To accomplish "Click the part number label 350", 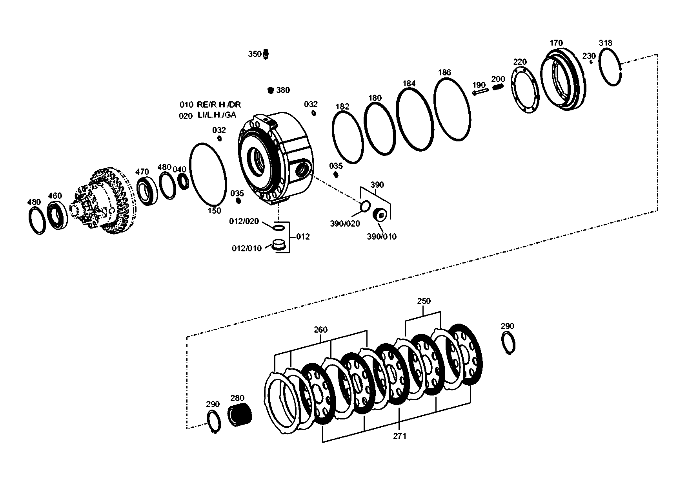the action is (x=254, y=54).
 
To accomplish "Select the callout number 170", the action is (x=556, y=43).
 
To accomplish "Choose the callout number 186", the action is (x=444, y=72).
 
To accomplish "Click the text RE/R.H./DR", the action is (x=219, y=105).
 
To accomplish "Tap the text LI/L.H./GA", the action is (x=217, y=116).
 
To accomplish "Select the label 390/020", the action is (x=345, y=223).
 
